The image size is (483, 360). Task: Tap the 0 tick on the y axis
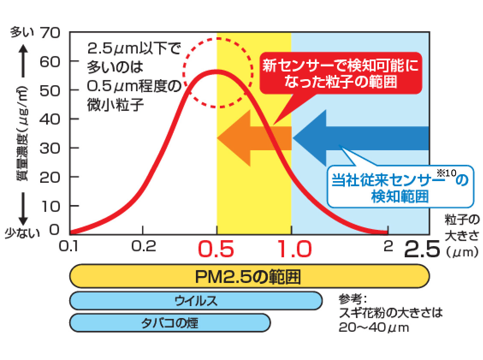pos(55,230)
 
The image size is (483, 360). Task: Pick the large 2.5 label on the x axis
pos(422,250)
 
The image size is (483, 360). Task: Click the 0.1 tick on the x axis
pos(70,246)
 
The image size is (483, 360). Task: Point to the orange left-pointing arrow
pos(252,138)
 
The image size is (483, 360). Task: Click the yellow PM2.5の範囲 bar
pos(249,277)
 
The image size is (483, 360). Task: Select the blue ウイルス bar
pos(196,300)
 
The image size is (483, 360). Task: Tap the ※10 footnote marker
pos(447,172)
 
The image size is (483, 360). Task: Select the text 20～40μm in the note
pos(373,327)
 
